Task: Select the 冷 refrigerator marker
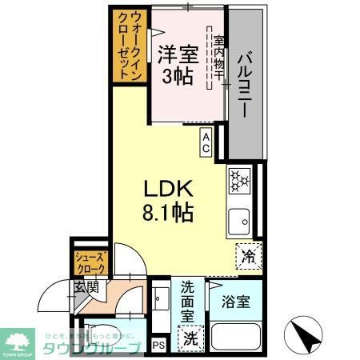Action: point(248,258)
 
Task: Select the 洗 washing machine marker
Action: point(190,338)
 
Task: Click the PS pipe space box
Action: point(158,346)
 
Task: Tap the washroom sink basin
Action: point(158,302)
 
